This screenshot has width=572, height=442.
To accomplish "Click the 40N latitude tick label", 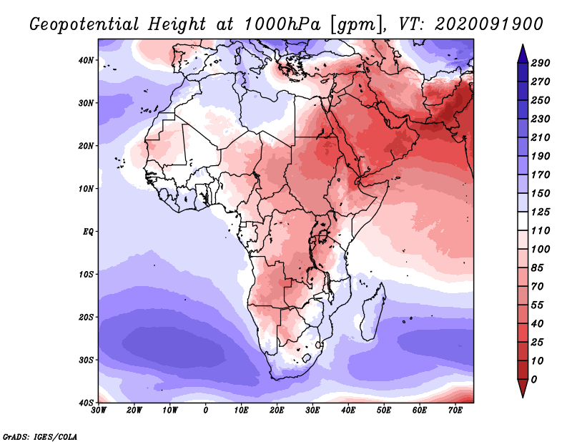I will pyautogui.click(x=86, y=60).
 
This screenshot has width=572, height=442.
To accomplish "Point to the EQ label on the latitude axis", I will pyautogui.click(x=87, y=232).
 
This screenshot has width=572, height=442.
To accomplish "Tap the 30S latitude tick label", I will pyautogui.click(x=86, y=360).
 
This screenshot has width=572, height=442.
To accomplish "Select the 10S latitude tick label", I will pyautogui.click(x=86, y=275).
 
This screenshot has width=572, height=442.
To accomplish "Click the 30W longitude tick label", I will pyautogui.click(x=99, y=410).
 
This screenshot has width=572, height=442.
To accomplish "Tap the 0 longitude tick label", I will pyautogui.click(x=206, y=410).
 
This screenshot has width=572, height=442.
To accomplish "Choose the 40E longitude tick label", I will pyautogui.click(x=348, y=410).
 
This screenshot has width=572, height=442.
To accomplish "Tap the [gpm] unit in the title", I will pyautogui.click(x=354, y=24).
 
